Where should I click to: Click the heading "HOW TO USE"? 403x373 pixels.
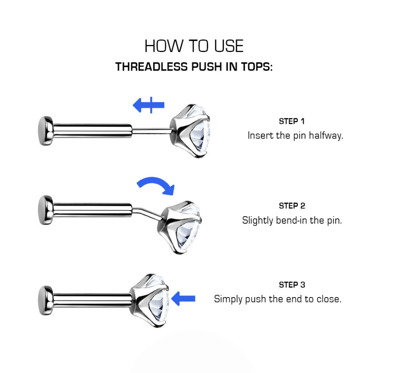(x=194, y=46)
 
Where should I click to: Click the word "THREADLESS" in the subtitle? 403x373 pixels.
(x=152, y=67)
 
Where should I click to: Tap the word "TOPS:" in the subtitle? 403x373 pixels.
(x=257, y=67)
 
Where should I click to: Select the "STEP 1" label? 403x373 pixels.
(x=292, y=121)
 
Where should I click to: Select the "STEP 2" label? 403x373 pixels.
(x=292, y=206)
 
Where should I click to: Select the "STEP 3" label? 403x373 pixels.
(x=292, y=285)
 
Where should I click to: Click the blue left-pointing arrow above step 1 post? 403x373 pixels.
(x=149, y=105)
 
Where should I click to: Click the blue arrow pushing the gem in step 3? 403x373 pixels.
(x=183, y=298)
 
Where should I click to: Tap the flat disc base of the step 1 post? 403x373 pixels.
(x=45, y=131)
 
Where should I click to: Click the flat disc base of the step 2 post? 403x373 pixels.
(x=45, y=210)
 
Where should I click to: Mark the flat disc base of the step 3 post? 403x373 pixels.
(x=45, y=300)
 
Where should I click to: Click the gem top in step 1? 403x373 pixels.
(x=190, y=131)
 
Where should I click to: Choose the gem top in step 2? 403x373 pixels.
(x=179, y=227)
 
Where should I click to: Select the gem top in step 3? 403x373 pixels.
(x=149, y=300)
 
